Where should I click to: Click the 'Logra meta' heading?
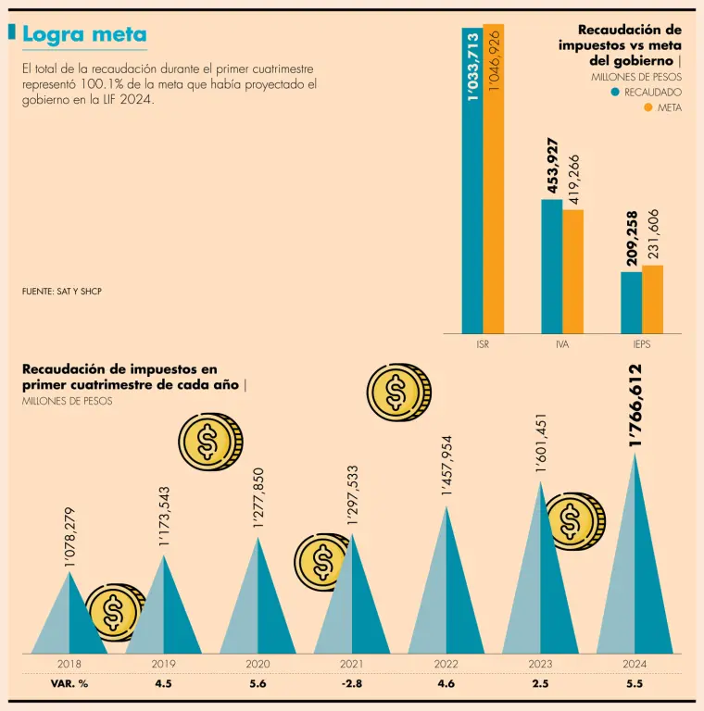(x=84, y=35)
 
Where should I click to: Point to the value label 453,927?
(x=553, y=166)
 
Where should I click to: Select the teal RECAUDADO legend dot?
(x=614, y=93)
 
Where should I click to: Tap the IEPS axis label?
(x=642, y=344)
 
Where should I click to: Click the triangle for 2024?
(x=635, y=565)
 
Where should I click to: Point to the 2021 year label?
(x=351, y=664)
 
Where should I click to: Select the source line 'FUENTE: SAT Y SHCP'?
(x=62, y=292)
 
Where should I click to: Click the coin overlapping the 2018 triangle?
(x=114, y=612)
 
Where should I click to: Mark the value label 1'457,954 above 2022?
(x=447, y=466)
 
